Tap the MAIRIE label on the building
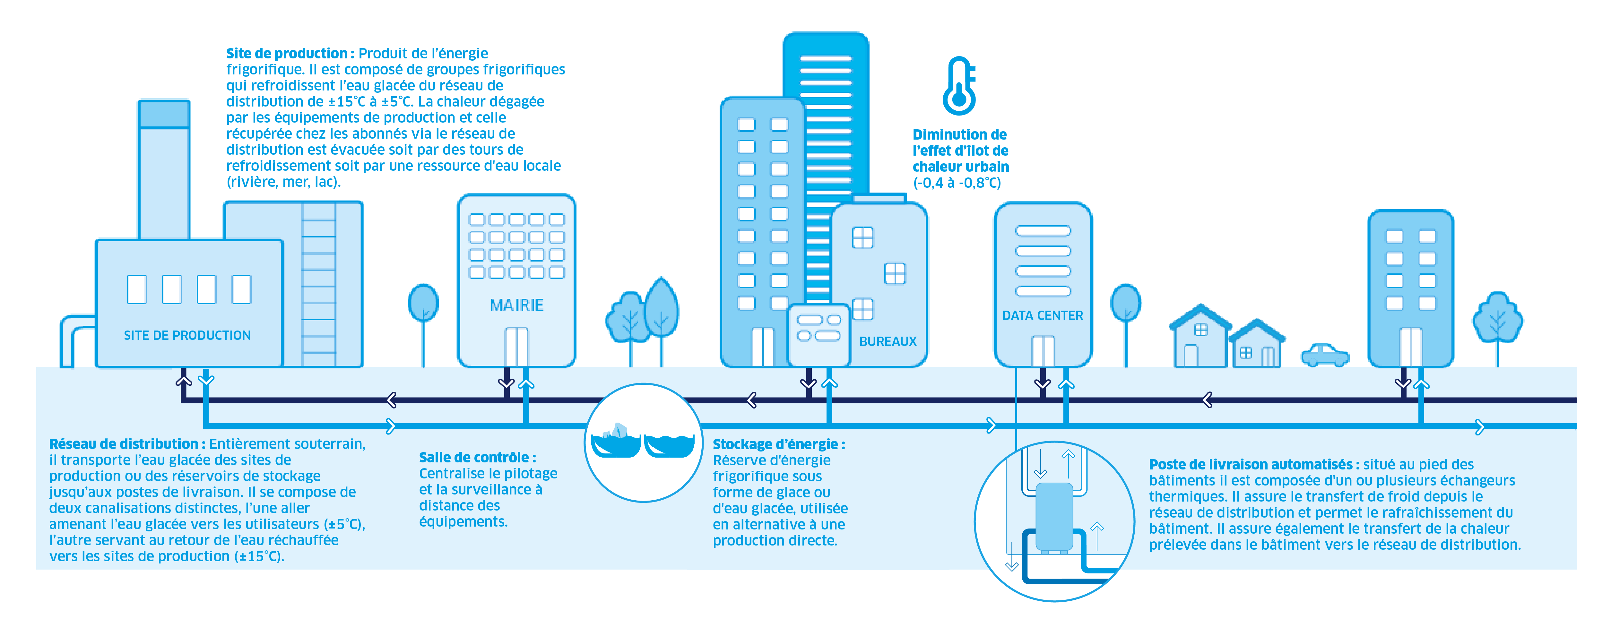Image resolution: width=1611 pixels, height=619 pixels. (x=516, y=305)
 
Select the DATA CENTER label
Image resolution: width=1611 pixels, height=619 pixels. (x=1043, y=316)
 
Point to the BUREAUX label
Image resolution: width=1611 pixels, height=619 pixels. (x=888, y=341)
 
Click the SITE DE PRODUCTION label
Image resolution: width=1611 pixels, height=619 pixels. (x=187, y=336)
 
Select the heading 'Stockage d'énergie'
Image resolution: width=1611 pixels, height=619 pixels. (x=779, y=444)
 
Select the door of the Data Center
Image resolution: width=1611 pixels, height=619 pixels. (x=1043, y=351)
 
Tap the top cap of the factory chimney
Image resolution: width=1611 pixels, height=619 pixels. (x=164, y=114)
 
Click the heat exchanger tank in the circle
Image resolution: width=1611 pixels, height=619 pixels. (x=1054, y=516)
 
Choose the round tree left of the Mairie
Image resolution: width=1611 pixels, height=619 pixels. (x=423, y=303)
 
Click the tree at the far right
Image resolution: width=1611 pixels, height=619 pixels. (x=1497, y=318)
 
